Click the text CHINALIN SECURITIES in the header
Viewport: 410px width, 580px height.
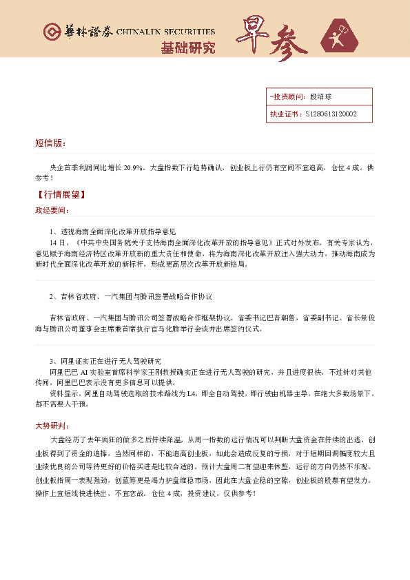[165, 32]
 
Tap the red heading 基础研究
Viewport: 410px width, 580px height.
[187, 48]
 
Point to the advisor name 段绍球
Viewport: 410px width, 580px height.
[321, 96]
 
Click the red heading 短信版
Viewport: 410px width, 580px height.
[50, 143]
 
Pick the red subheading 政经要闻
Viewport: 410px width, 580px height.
[51, 209]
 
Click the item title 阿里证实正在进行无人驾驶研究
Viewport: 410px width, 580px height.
[109, 361]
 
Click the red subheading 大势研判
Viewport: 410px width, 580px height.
[51, 425]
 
